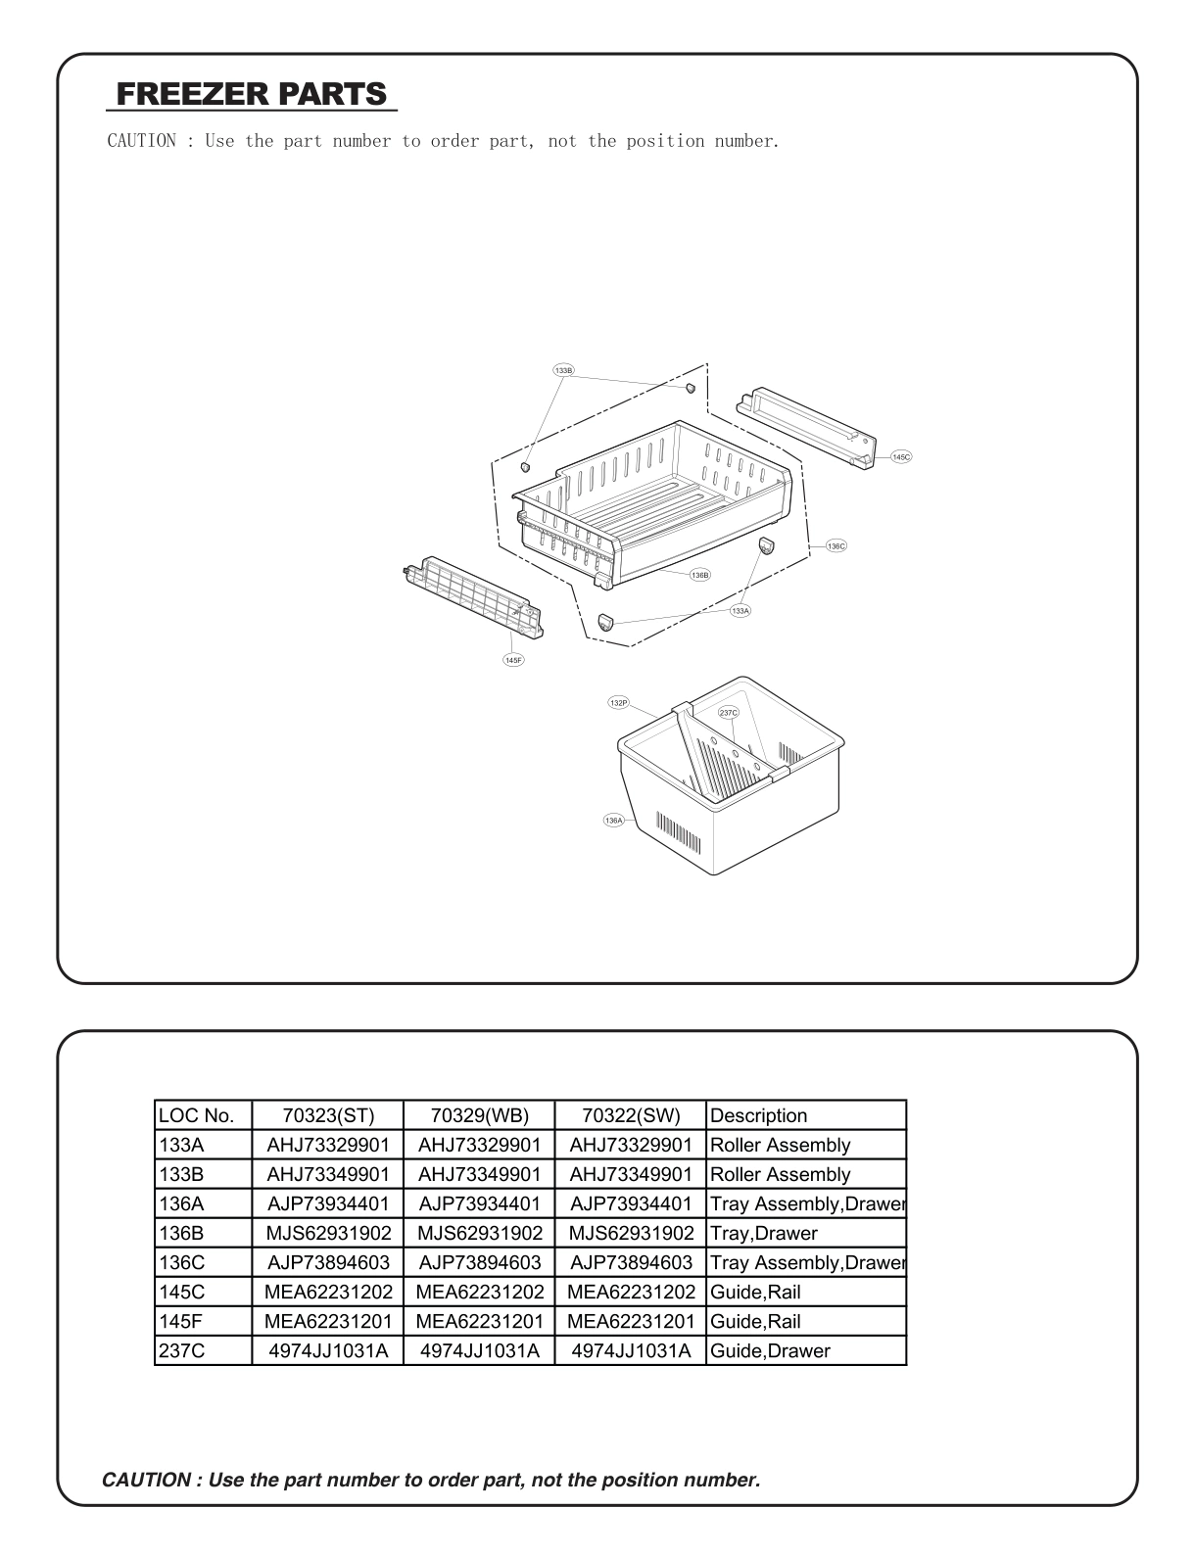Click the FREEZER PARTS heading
[252, 94]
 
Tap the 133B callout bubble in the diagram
[563, 371]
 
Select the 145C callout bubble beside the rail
[901, 457]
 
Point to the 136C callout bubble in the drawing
[836, 545]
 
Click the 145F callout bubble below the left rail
[513, 660]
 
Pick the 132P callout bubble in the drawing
[618, 703]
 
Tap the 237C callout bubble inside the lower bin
[728, 713]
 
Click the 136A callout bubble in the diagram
[614, 821]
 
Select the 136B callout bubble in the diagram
[699, 576]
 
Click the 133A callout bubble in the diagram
[740, 610]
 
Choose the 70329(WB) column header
[479, 1115]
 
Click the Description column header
[759, 1115]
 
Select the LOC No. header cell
[196, 1115]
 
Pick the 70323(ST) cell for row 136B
[328, 1233]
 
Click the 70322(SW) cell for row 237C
[631, 1350]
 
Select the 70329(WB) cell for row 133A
[479, 1145]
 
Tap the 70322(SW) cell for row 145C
[631, 1292]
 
